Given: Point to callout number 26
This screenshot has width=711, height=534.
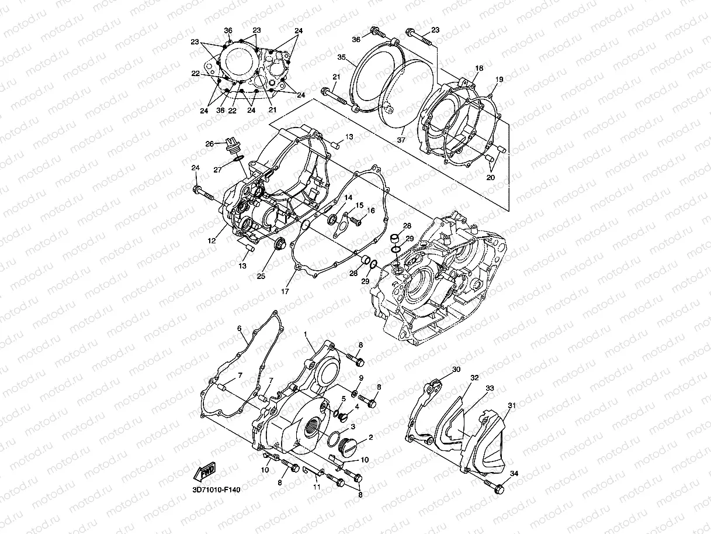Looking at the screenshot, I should pyautogui.click(x=209, y=143).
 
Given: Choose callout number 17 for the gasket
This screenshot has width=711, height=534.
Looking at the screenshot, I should pyautogui.click(x=285, y=291).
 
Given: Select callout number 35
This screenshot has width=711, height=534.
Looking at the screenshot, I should pyautogui.click(x=342, y=57).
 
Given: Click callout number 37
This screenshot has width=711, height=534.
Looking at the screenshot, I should pyautogui.click(x=401, y=140).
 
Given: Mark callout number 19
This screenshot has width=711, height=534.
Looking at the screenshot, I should pyautogui.click(x=499, y=79).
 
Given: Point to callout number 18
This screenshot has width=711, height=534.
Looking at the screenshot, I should pyautogui.click(x=478, y=68).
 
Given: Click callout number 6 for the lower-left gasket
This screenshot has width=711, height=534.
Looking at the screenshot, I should pyautogui.click(x=239, y=328).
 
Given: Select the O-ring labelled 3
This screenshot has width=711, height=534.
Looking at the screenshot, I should pyautogui.click(x=335, y=437).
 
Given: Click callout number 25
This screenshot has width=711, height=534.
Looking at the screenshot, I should pyautogui.click(x=261, y=275).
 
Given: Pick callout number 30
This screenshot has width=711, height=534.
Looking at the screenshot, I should pyautogui.click(x=456, y=369).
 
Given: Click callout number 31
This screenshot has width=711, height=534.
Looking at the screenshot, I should pyautogui.click(x=511, y=405).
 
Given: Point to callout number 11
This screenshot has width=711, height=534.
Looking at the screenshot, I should pyautogui.click(x=317, y=487).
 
